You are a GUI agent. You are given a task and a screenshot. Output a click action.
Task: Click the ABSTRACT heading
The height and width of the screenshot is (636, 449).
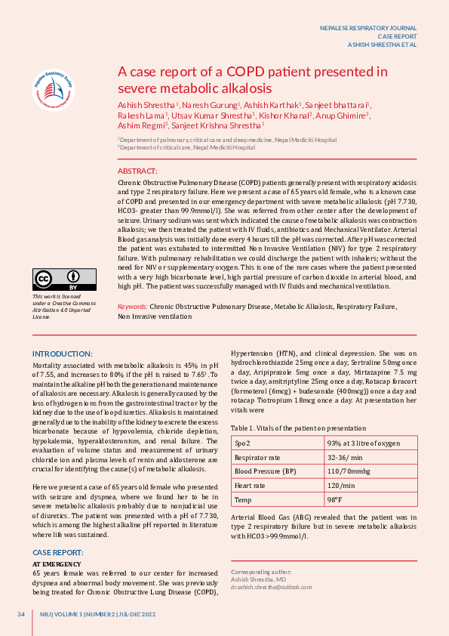[137, 172]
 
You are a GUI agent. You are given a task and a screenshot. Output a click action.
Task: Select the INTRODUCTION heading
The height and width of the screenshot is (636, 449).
[62, 354]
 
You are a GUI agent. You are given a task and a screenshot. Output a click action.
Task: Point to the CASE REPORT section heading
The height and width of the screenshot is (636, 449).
[57, 553]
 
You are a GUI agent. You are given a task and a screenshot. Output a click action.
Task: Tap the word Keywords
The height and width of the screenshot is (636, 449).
[132, 307]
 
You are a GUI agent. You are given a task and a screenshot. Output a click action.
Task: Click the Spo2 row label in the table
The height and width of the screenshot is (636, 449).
[243, 443]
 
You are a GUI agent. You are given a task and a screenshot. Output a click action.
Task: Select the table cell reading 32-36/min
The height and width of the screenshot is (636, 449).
[344, 458]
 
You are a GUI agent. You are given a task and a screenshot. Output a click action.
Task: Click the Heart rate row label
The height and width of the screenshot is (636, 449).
[250, 486]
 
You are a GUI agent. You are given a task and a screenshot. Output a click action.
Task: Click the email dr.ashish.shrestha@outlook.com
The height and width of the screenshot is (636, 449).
[271, 586]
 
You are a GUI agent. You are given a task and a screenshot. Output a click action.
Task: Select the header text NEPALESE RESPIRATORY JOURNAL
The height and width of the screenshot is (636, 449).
[368, 28]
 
